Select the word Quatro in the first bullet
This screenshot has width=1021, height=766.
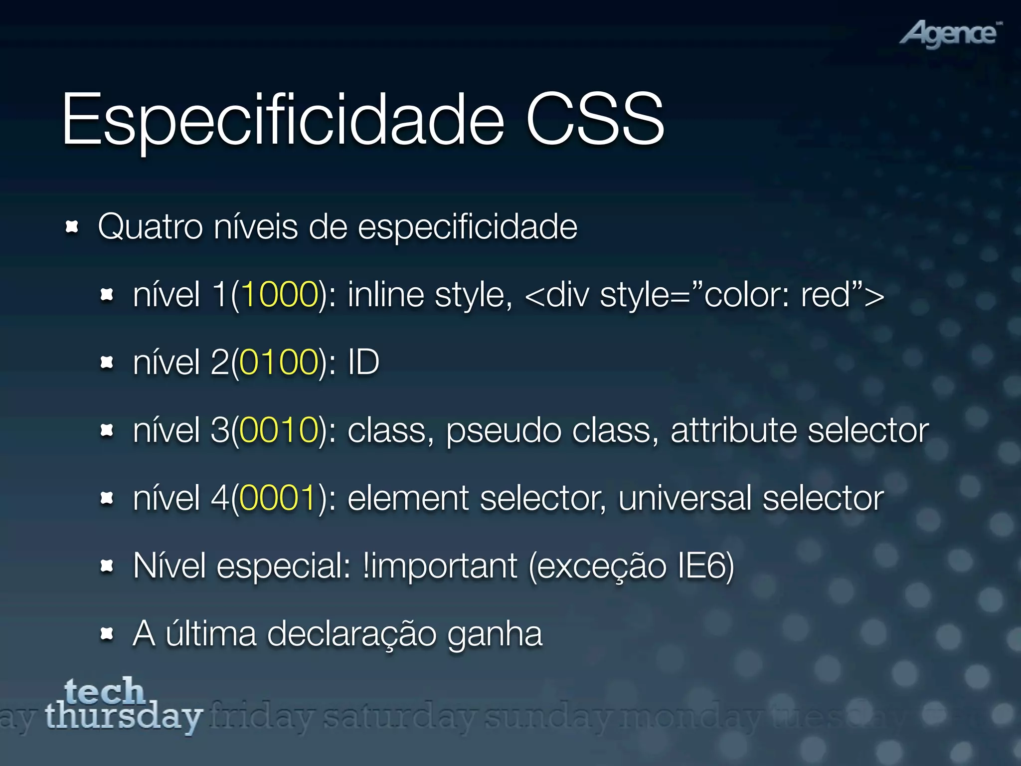click(150, 227)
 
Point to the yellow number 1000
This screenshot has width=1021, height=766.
click(280, 295)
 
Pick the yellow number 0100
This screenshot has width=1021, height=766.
click(279, 363)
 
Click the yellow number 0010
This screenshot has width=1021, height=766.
click(279, 430)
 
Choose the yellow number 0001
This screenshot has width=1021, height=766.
click(277, 498)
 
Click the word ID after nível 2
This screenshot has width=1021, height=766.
click(363, 363)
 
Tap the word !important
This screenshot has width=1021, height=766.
click(440, 567)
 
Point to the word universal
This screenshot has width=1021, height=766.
click(684, 498)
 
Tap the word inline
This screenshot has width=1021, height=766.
click(386, 295)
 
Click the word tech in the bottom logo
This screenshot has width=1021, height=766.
click(105, 691)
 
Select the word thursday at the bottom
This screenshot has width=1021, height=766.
click(124, 717)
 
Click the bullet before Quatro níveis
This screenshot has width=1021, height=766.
click(72, 227)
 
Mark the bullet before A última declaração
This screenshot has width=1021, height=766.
click(107, 634)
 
